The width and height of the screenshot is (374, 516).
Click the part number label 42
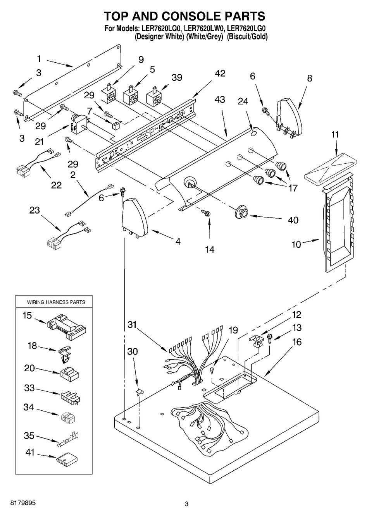click(220, 74)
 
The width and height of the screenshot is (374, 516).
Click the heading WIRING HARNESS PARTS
click(56, 302)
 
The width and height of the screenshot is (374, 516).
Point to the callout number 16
click(297, 342)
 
